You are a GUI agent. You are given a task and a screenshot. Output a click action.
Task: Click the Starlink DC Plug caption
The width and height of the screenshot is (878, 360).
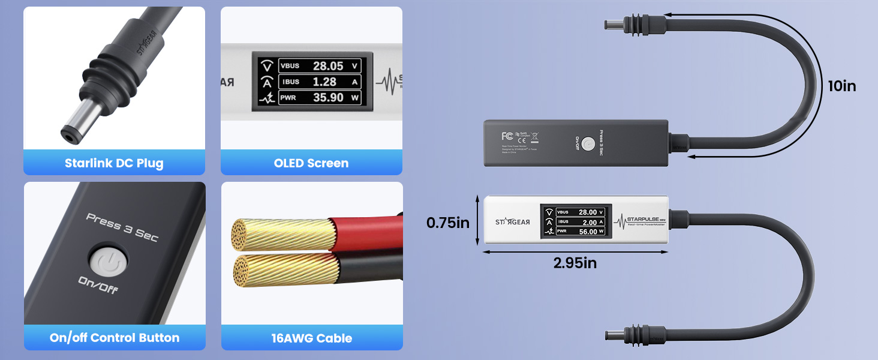(x=114, y=163)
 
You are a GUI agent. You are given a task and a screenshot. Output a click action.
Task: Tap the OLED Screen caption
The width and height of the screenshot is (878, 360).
(x=311, y=163)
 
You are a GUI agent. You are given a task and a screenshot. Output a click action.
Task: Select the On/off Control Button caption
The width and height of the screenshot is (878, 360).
(x=114, y=338)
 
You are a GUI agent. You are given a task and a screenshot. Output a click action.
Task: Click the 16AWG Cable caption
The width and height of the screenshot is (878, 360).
(x=311, y=338)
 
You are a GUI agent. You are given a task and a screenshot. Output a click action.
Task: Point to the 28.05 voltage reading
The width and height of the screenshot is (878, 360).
(x=328, y=66)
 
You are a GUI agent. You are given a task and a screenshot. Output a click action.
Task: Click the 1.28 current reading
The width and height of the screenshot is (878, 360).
(x=324, y=82)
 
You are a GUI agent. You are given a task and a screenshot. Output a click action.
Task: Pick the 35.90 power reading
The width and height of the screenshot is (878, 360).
(x=328, y=97)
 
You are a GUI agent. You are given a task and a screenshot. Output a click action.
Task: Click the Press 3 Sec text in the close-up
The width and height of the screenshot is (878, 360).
(x=122, y=227)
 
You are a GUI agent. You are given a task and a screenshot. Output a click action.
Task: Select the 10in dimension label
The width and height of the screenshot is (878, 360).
(x=841, y=86)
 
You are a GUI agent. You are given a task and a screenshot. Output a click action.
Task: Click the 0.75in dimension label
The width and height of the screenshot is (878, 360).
(x=448, y=223)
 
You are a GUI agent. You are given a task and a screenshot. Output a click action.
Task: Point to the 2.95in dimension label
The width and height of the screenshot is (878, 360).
(x=575, y=263)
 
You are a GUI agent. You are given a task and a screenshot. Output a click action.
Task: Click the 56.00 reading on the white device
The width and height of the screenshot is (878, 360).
(x=588, y=232)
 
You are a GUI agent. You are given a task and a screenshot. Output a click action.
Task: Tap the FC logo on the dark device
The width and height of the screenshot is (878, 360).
(x=507, y=136)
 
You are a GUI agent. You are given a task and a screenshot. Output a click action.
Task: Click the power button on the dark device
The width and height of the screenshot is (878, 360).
(x=588, y=144)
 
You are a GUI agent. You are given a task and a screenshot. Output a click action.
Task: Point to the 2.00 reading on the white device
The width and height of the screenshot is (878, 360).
(x=588, y=222)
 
